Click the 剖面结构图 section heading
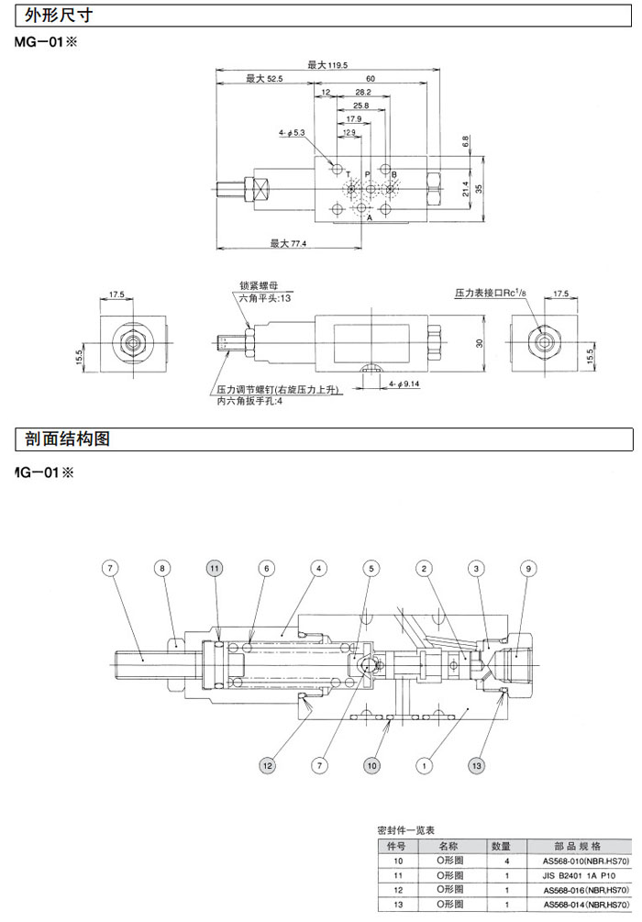[x=63, y=439]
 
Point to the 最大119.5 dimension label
[x=326, y=65]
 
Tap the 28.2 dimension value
[x=362, y=93]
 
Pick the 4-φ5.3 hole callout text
[x=292, y=133]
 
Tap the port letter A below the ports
[x=370, y=219]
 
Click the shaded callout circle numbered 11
[x=214, y=569]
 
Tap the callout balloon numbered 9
[x=528, y=569]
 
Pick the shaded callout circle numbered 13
[x=476, y=764]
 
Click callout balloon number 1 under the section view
[x=424, y=764]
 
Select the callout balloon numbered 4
[x=318, y=569]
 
